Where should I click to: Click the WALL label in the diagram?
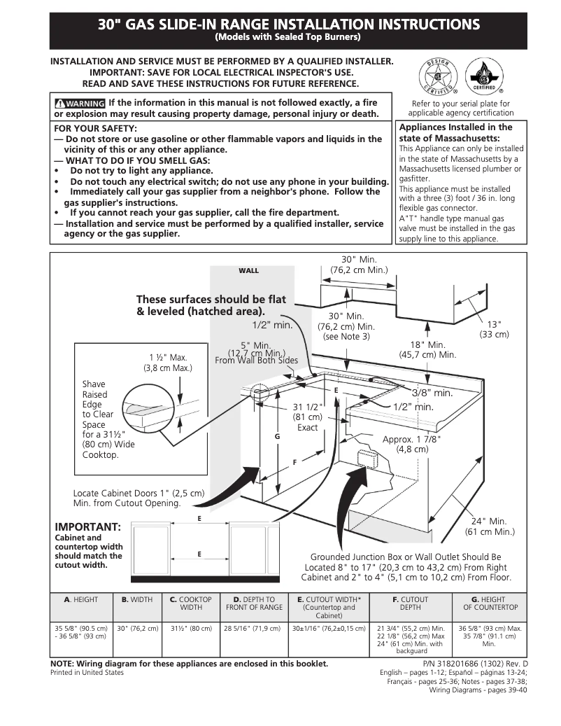click(248, 270)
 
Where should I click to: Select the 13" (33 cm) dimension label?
click(494, 329)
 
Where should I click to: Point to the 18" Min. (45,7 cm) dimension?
click(427, 350)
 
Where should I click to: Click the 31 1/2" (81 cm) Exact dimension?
click(307, 417)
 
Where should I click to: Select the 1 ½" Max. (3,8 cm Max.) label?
click(167, 362)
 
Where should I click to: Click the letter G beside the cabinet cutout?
click(277, 436)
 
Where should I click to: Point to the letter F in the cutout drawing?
click(294, 462)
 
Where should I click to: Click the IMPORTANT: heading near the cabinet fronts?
click(88, 526)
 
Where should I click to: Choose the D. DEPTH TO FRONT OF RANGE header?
click(253, 604)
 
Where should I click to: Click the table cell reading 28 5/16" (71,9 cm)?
click(253, 629)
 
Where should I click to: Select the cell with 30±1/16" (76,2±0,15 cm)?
click(328, 629)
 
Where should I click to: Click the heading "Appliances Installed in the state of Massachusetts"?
click(455, 132)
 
